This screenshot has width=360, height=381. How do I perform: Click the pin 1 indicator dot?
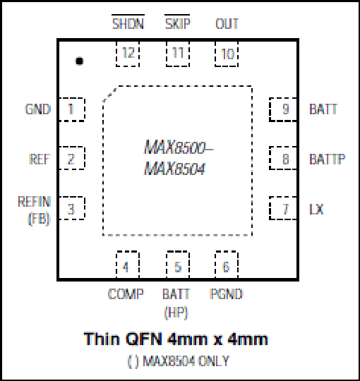point(79,61)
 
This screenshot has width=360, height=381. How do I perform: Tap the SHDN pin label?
point(128,23)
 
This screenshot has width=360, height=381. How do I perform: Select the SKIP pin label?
point(177,23)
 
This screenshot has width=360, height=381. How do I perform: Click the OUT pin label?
point(227,24)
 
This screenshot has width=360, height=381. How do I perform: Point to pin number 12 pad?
point(128,54)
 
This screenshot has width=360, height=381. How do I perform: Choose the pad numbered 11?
point(178,54)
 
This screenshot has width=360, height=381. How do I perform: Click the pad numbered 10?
point(227,54)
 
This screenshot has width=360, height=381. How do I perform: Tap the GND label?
point(38,109)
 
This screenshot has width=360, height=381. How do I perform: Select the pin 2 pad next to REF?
point(72,158)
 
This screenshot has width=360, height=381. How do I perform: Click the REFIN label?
point(35,201)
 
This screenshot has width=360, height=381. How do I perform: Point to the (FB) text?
point(39,219)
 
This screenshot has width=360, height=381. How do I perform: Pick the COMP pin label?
point(126,294)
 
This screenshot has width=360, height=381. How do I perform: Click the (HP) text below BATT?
point(176,313)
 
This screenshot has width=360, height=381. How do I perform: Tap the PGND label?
point(226,294)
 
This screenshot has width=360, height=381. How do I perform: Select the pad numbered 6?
point(227,265)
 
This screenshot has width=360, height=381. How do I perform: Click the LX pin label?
point(316,209)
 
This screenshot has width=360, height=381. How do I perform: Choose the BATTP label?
point(328,159)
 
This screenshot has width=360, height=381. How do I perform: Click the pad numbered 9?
point(283,109)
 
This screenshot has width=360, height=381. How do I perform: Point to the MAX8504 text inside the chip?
point(174,169)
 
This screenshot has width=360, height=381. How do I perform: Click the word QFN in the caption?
point(144,339)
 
